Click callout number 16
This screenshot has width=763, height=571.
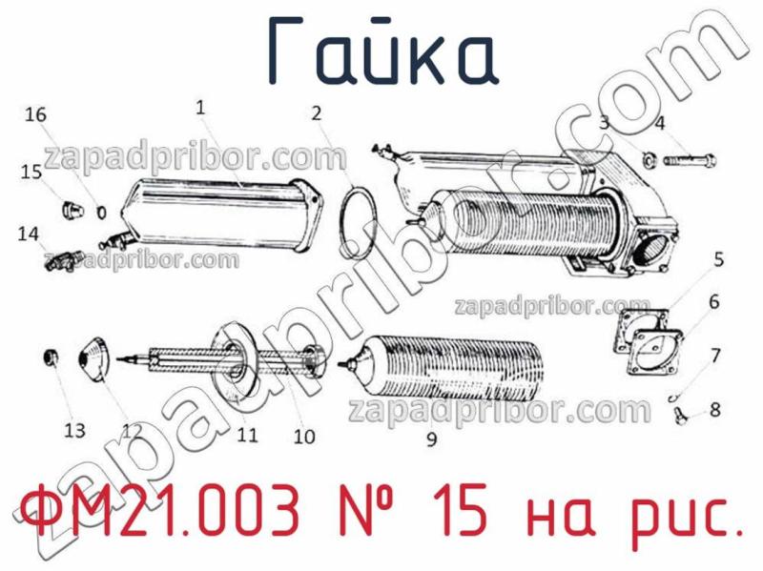[35, 115]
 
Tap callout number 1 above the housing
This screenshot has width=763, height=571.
[200, 109]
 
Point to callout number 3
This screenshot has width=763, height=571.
[604, 122]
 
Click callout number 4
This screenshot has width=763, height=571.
[660, 122]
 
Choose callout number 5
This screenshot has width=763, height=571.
[718, 258]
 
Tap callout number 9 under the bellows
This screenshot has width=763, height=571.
[431, 439]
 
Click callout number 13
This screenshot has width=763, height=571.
[75, 430]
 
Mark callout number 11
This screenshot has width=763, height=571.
[248, 435]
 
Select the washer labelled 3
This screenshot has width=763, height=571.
[648, 158]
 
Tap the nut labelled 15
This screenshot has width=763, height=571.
[70, 209]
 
